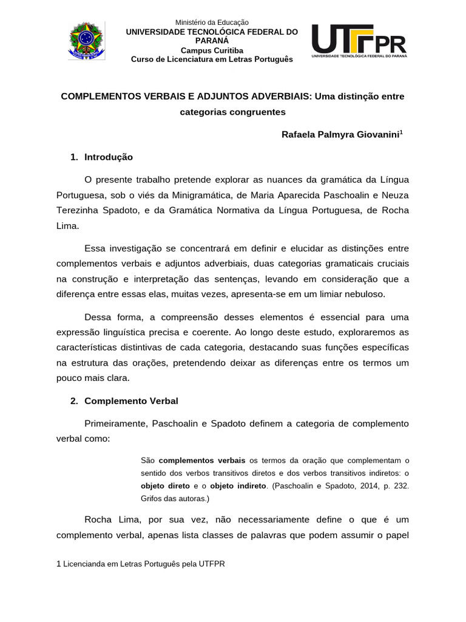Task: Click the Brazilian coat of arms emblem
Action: pyautogui.click(x=86, y=40)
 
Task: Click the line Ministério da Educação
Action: pyautogui.click(x=212, y=22)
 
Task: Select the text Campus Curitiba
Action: pyautogui.click(x=212, y=50)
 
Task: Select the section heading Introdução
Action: pyautogui.click(x=109, y=157)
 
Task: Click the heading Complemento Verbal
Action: pyautogui.click(x=131, y=401)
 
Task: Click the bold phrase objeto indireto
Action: pyautogui.click(x=238, y=486)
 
